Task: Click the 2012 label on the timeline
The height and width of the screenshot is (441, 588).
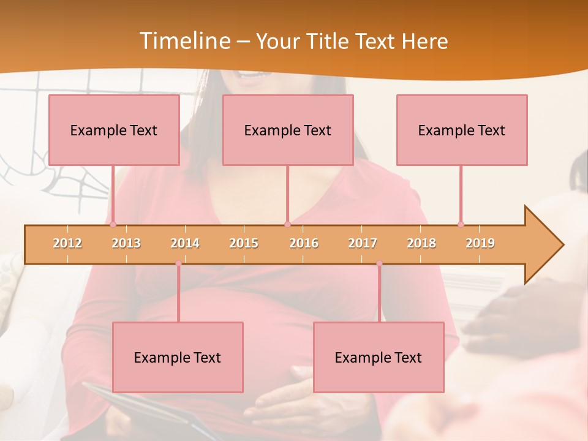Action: pyautogui.click(x=67, y=243)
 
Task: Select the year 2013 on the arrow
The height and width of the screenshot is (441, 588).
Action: pyautogui.click(x=126, y=243)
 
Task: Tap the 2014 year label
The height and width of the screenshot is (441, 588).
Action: pyautogui.click(x=185, y=243)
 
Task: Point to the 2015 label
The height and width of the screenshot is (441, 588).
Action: pyautogui.click(x=244, y=243)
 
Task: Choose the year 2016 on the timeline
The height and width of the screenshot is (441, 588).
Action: pyautogui.click(x=304, y=243)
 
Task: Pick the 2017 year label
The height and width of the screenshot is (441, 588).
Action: pyautogui.click(x=363, y=243)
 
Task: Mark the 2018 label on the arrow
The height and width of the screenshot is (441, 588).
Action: pyautogui.click(x=421, y=243)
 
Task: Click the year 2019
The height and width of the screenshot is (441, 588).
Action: pyautogui.click(x=480, y=243)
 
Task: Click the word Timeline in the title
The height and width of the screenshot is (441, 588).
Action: pyautogui.click(x=184, y=41)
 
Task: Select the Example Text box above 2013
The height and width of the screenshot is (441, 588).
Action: pyautogui.click(x=114, y=130)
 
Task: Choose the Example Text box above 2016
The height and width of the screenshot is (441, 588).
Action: pyautogui.click(x=288, y=130)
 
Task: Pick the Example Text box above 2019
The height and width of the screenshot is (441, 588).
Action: pyautogui.click(x=462, y=130)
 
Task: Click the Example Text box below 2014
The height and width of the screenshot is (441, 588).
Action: pyautogui.click(x=178, y=357)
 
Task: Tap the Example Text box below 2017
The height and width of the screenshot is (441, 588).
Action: pyautogui.click(x=379, y=357)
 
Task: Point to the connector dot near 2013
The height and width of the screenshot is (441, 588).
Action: pyautogui.click(x=113, y=224)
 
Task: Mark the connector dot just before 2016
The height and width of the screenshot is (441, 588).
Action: pyautogui.click(x=287, y=224)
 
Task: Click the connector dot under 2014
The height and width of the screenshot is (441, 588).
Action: pyautogui.click(x=178, y=263)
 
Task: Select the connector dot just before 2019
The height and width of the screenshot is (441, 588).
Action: pyautogui.click(x=461, y=224)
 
